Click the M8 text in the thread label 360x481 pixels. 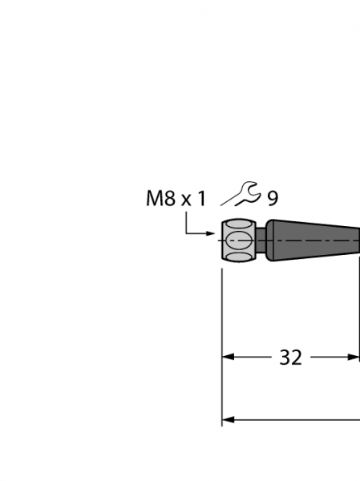click(160, 199)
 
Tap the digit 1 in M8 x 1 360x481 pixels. click(201, 199)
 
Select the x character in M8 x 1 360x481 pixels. click(186, 200)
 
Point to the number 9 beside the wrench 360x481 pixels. click(273, 199)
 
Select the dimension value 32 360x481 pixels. click(290, 358)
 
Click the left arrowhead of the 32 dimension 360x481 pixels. click(228, 357)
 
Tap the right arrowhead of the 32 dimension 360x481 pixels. click(354, 357)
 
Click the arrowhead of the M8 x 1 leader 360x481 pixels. click(210, 234)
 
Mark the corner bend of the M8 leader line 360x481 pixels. click(186, 234)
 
